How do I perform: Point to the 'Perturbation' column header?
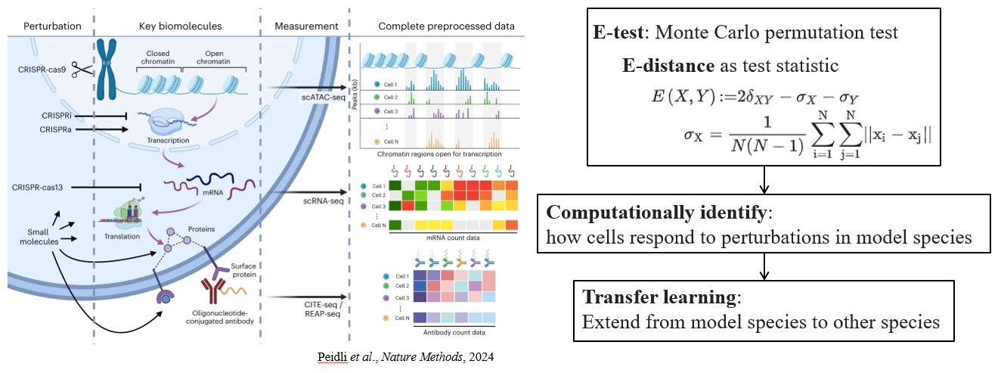click(x=52, y=26)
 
